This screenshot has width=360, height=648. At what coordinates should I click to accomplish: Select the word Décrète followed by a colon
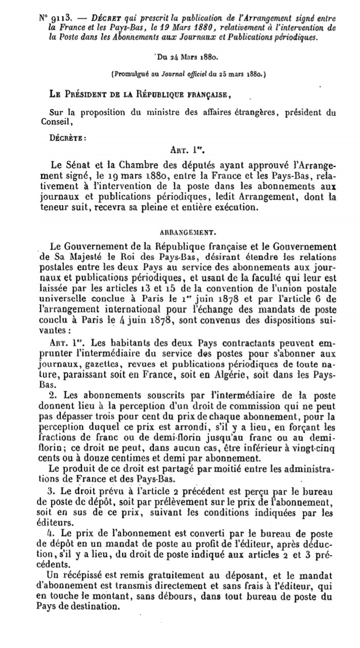coord(68,136)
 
